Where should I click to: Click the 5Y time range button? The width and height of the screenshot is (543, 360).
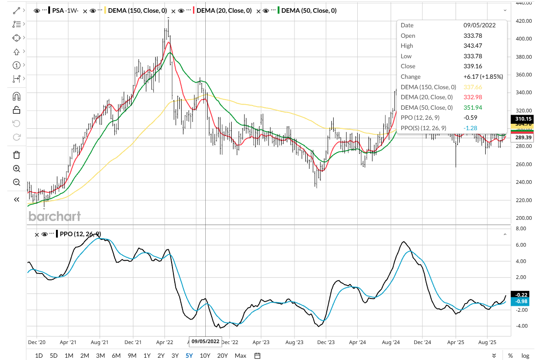click(x=188, y=355)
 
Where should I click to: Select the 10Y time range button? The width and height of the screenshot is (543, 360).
click(x=205, y=355)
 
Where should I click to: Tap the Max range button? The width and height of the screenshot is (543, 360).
click(x=240, y=355)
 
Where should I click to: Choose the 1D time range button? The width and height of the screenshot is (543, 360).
click(x=39, y=355)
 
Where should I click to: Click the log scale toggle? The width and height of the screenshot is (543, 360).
click(x=525, y=355)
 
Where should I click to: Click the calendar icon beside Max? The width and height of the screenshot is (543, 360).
click(x=257, y=355)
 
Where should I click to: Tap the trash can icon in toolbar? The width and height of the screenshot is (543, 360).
click(x=16, y=155)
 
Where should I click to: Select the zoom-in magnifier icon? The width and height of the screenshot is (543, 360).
click(x=16, y=168)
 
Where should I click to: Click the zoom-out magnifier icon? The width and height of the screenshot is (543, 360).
click(x=16, y=182)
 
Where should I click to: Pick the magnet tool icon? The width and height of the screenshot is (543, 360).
click(x=16, y=96)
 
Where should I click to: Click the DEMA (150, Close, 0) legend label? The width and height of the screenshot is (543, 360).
click(x=137, y=10)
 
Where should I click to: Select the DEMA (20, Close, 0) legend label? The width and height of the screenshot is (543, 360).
click(x=224, y=10)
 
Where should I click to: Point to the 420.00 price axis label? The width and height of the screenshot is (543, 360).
click(x=521, y=21)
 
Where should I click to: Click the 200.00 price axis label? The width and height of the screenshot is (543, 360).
click(x=521, y=218)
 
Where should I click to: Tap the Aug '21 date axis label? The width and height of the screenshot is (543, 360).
click(x=99, y=341)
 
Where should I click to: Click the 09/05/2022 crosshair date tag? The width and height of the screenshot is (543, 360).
click(x=205, y=341)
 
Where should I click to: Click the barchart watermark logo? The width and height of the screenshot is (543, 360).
click(x=55, y=216)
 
